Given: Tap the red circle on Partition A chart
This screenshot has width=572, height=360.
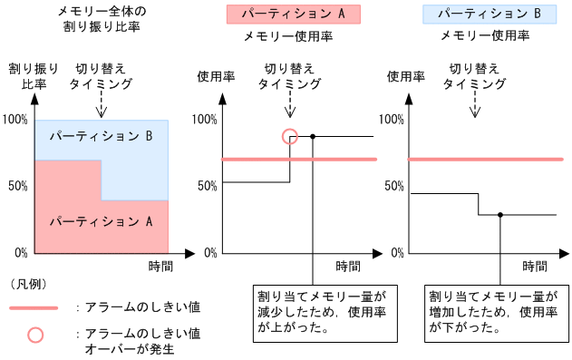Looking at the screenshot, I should pyautogui.click(x=290, y=136).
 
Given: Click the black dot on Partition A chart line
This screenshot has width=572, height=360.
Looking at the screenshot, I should pyautogui.click(x=312, y=136).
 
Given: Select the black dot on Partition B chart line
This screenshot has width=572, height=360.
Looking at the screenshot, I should pyautogui.click(x=500, y=214).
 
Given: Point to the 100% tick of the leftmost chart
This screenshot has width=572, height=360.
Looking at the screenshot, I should pyautogui.click(x=15, y=120).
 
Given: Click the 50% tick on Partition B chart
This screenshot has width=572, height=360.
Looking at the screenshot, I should pyautogui.click(x=393, y=186).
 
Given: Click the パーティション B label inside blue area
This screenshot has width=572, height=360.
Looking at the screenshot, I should pyautogui.click(x=102, y=137).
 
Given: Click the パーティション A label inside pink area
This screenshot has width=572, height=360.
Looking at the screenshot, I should pyautogui.click(x=102, y=220).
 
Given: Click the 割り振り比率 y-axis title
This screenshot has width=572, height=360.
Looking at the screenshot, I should pyautogui.click(x=34, y=77).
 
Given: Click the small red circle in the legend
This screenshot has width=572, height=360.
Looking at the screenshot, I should pyautogui.click(x=35, y=334).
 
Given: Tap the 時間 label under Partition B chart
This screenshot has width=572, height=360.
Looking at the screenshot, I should pyautogui.click(x=536, y=267).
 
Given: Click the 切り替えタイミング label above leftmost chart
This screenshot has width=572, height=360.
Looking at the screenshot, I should pyautogui.click(x=102, y=77).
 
